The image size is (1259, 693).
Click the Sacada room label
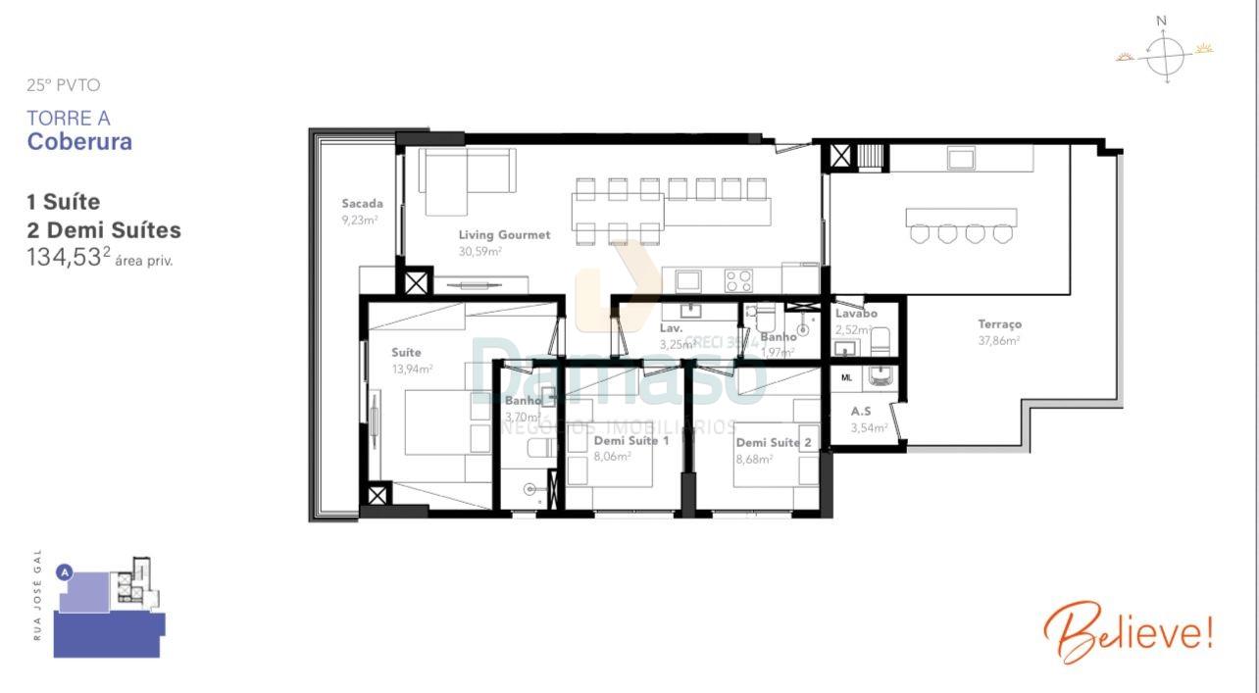coord(362,204)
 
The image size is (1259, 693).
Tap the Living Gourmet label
coord(504,235)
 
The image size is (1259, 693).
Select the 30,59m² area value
coord(480,252)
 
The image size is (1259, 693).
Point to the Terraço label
coord(999,324)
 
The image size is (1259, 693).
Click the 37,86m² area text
coord(998,341)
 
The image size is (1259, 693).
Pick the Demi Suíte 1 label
coord(631,441)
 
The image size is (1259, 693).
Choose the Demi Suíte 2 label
coord(774,443)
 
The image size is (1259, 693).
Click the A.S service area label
coord(861,412)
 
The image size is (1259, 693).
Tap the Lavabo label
coord(856,314)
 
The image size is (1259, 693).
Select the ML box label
coord(846,377)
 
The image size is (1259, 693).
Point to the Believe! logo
coord(1128,632)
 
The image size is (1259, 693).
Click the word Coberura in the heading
coord(79,141)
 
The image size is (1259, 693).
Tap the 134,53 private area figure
coord(64,258)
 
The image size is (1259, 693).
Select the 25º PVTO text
coord(63,85)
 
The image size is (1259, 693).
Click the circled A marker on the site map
coord(65,571)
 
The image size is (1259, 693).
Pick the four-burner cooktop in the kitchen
coord(738,280)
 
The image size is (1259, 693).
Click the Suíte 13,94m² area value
coord(412,370)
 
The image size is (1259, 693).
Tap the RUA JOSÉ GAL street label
coord(38,595)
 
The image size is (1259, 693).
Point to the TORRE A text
coord(68,119)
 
